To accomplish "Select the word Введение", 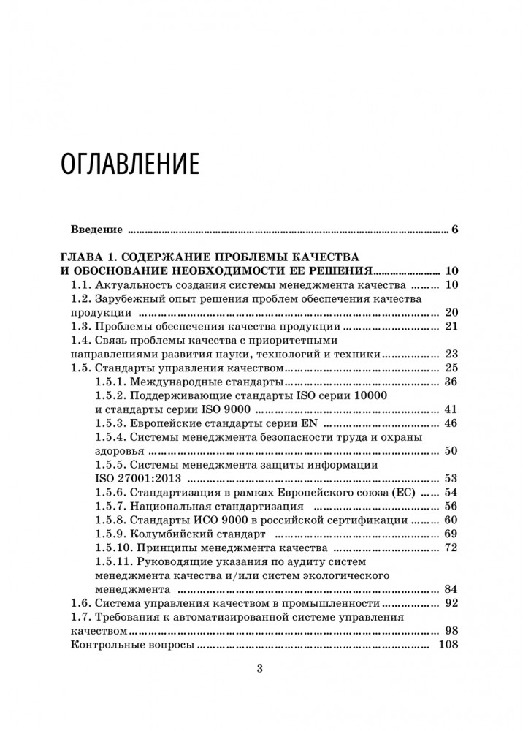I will (x=96, y=230).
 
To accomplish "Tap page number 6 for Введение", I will (x=454, y=230).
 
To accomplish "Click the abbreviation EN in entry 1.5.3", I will (x=310, y=423).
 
